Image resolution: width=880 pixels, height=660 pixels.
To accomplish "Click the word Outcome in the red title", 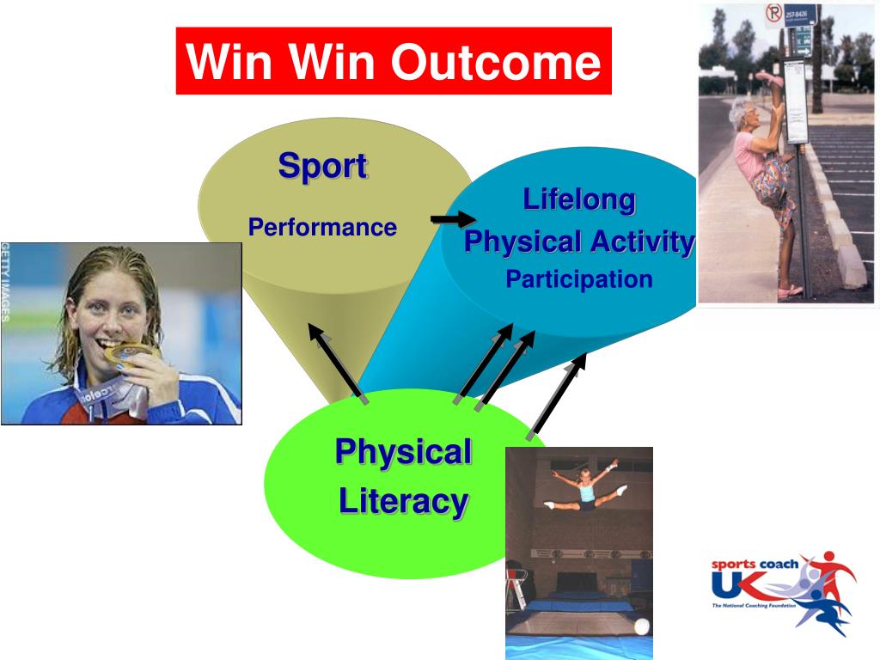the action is (496, 62).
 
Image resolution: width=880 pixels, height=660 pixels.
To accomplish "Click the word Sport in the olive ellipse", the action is (323, 166).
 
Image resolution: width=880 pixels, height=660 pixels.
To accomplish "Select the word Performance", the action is (322, 227).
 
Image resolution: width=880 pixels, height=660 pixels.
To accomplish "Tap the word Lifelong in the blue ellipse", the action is (579, 199).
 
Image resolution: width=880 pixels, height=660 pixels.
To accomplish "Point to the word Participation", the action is (579, 279).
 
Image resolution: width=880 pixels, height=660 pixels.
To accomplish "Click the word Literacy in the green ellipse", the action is (404, 502).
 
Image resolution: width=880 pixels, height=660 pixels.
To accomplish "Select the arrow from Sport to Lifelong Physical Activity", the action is (454, 219).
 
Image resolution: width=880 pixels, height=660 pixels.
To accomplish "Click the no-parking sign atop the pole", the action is (774, 13).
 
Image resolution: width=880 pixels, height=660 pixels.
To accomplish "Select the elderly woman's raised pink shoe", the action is (769, 79).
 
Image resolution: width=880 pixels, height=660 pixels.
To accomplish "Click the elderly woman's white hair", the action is (741, 111).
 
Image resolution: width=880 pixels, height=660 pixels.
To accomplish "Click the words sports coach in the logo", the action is (755, 564).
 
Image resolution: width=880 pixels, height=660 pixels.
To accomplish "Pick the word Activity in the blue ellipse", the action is (643, 242).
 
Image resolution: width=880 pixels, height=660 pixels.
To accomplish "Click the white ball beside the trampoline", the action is (641, 626).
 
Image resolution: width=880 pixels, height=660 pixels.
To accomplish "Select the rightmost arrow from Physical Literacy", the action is (556, 396).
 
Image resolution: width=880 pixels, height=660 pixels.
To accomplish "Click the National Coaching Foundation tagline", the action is (754, 606).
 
